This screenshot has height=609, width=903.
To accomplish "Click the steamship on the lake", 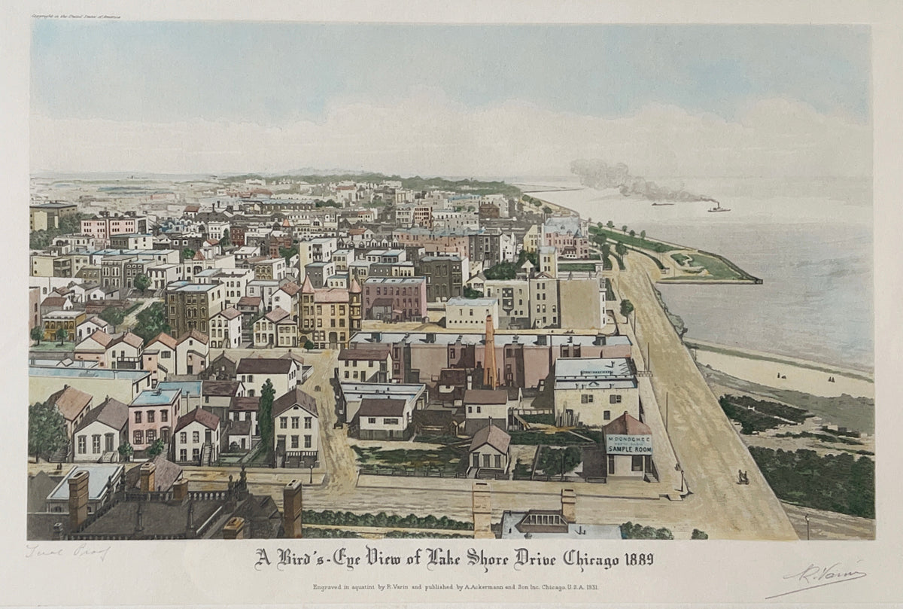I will click(x=719, y=208).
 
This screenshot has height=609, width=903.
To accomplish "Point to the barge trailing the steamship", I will click(x=662, y=203).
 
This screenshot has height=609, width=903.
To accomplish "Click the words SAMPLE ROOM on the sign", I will click(x=629, y=449).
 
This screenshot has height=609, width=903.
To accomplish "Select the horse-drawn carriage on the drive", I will click(x=743, y=477).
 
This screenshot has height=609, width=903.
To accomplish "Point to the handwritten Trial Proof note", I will click(x=68, y=552).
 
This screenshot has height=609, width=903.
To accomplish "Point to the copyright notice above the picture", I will click(x=75, y=15).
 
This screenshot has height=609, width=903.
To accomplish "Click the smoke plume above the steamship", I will click(x=625, y=181).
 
